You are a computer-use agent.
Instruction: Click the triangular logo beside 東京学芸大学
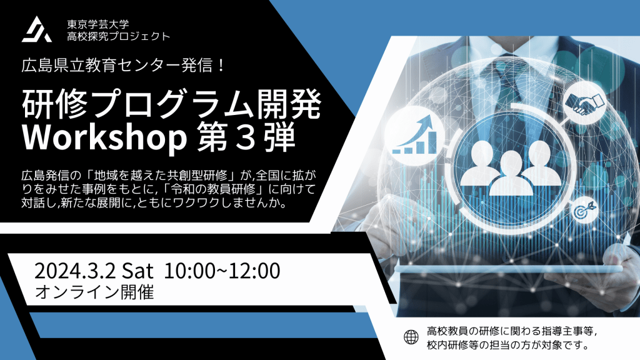coord(37,30)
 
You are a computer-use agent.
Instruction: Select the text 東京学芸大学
coord(98,24)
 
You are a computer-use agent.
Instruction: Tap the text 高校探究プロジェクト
coord(118,36)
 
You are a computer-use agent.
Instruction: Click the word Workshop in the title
coord(104,138)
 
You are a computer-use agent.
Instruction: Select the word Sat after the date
coord(138,271)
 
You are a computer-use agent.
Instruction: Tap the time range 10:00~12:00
coord(222,271)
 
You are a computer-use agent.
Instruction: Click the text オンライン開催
coord(94,292)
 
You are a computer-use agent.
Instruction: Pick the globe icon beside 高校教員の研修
coord(411,337)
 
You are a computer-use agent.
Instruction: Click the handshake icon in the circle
coord(584,104)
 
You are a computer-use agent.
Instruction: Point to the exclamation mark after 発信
coord(221,65)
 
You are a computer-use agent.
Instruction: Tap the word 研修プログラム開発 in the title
coord(172,104)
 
